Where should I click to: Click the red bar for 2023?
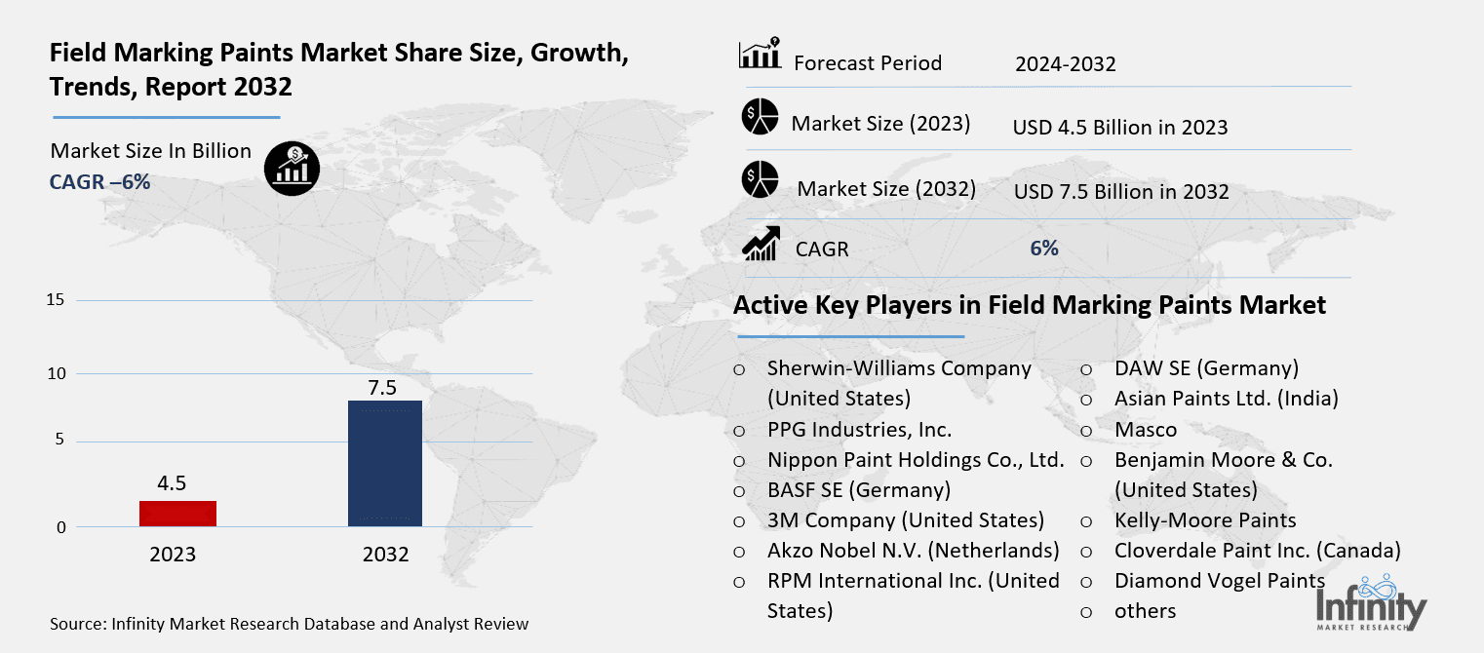tap(177, 514)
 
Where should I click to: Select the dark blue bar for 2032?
tap(384, 463)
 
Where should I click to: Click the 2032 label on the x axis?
tap(385, 555)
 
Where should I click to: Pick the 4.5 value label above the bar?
tap(172, 483)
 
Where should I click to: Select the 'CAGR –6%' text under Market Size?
tap(99, 181)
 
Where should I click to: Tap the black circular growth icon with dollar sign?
tap(291, 169)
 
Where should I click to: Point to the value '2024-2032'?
tap(1065, 65)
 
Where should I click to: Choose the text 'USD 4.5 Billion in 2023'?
tap(1119, 128)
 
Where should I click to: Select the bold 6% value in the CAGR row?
tap(1044, 249)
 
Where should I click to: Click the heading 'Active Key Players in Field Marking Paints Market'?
tap(1029, 306)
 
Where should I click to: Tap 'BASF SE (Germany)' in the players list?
tap(858, 489)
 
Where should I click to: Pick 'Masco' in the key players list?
tap(1145, 429)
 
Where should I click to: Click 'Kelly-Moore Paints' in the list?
tap(1205, 520)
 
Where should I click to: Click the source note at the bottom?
tap(289, 624)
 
